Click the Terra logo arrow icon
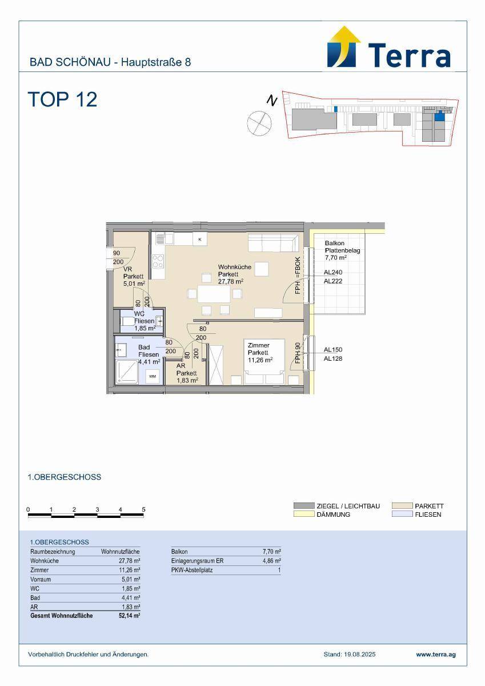click(x=344, y=47)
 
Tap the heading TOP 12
click(x=63, y=99)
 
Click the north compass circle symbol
click(x=259, y=123)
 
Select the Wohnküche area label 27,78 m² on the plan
click(x=231, y=281)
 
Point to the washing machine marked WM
click(x=152, y=376)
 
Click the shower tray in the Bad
click(x=127, y=372)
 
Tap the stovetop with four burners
click(x=158, y=262)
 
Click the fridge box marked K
click(x=200, y=239)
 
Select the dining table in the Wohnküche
click(x=214, y=294)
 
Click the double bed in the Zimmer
click(x=264, y=361)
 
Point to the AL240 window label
click(x=333, y=272)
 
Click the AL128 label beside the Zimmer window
click(x=333, y=358)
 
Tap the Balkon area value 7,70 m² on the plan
click(x=336, y=258)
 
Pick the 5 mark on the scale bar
click(x=143, y=509)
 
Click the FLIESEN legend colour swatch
click(x=402, y=514)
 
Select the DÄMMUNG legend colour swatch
click(x=304, y=514)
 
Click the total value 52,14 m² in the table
click(x=130, y=616)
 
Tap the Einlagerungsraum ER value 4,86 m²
click(x=272, y=561)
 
